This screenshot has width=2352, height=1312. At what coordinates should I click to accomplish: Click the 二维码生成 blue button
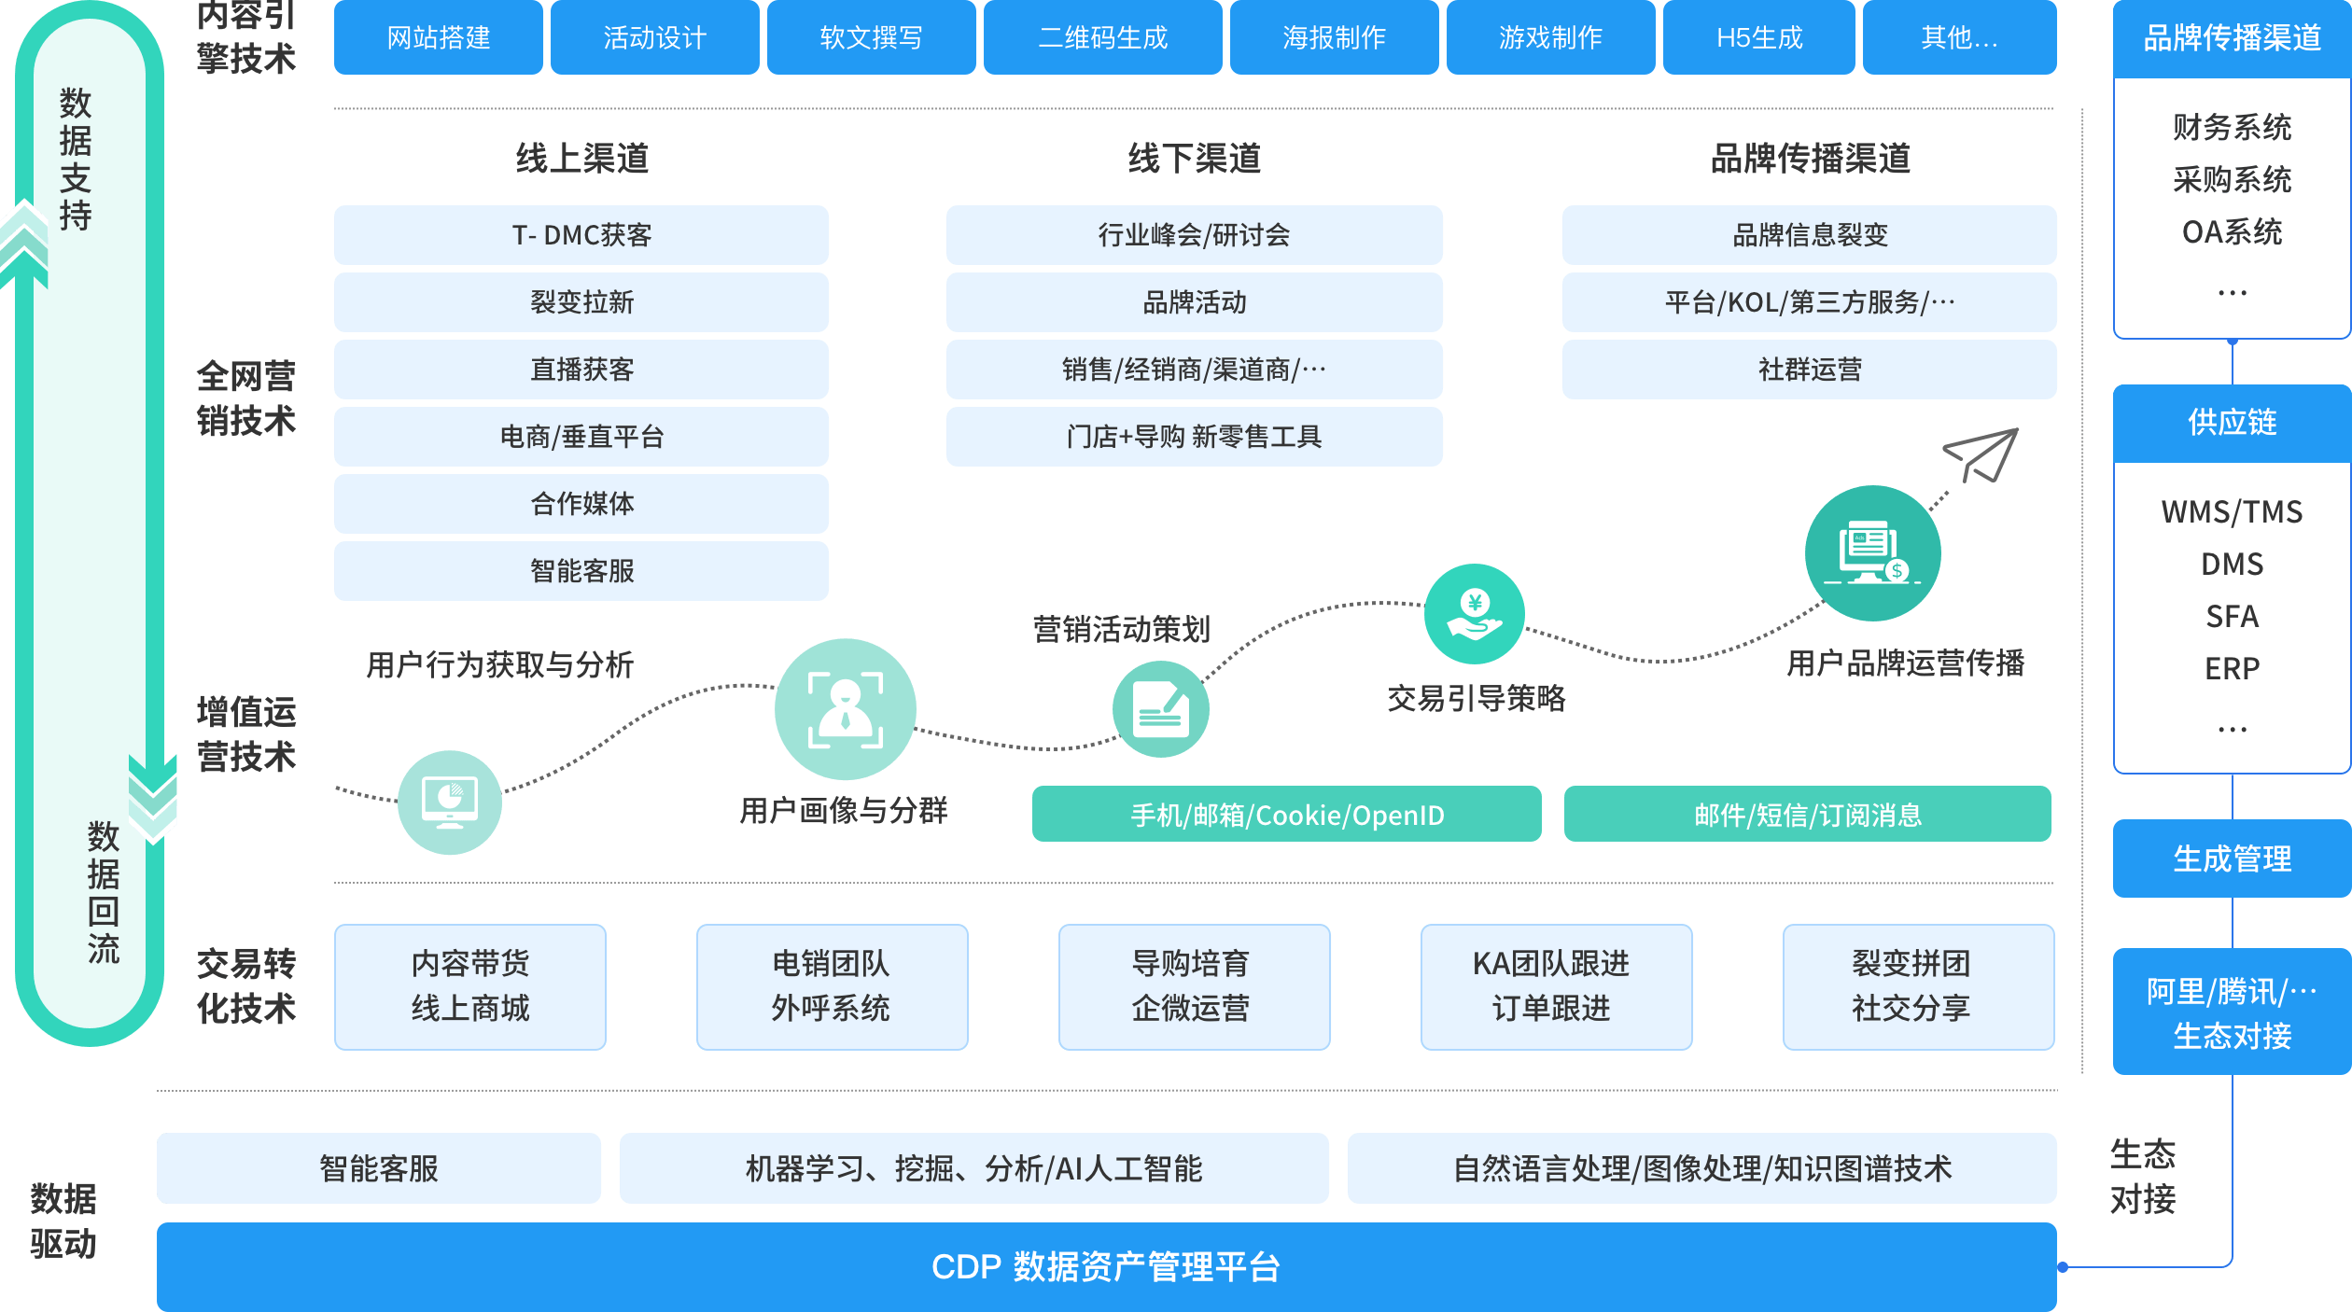coord(1102,37)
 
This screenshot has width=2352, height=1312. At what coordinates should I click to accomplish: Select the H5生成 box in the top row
coord(1758,37)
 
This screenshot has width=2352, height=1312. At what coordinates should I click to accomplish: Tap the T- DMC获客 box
coord(581,235)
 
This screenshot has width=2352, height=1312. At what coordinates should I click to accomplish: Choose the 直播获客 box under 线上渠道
coord(581,370)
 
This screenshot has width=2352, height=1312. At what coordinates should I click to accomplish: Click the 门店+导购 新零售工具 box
coord(1194,437)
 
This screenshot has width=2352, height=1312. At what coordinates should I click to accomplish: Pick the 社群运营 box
coord(1809,370)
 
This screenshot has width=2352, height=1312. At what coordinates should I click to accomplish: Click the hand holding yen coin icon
coord(1475,614)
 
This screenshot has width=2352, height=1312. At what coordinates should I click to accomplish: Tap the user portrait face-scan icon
coord(846,709)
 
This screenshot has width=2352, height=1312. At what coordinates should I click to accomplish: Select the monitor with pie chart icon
coord(450,803)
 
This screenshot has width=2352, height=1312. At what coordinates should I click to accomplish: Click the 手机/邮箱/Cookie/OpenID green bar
coord(1286,815)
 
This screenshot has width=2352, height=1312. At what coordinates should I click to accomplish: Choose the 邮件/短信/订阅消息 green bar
coord(1807,815)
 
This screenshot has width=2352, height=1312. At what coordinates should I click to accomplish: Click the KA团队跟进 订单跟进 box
coord(1556,986)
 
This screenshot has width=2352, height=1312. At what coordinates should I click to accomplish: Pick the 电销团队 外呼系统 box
coord(832,986)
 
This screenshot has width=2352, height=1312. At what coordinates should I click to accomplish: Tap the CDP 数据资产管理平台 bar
coord(1106,1266)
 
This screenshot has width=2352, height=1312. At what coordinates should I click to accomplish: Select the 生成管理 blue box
coord(2232,858)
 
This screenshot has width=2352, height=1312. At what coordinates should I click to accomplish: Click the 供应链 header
coord(2232,423)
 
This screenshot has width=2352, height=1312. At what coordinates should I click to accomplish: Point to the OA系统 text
coord(2232,231)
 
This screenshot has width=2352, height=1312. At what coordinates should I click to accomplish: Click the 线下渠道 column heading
coord(1194,159)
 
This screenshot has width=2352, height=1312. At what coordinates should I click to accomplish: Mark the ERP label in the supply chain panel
coord(2232,668)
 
